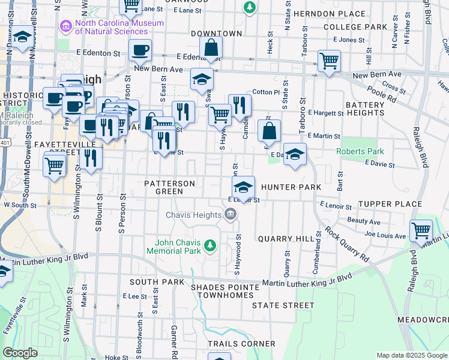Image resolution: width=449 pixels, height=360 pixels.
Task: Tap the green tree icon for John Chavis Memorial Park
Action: [x=209, y=245]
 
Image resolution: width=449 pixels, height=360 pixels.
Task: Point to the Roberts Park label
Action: [x=359, y=152]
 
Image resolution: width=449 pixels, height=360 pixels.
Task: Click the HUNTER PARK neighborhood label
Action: [x=291, y=187]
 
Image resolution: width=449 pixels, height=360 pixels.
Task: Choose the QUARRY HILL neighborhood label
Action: [x=286, y=239]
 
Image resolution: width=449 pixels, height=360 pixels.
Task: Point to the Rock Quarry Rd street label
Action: [x=347, y=243]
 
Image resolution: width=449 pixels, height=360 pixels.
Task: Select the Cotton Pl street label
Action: [x=266, y=92]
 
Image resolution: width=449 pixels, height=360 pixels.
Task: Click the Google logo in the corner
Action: [x=20, y=353]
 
